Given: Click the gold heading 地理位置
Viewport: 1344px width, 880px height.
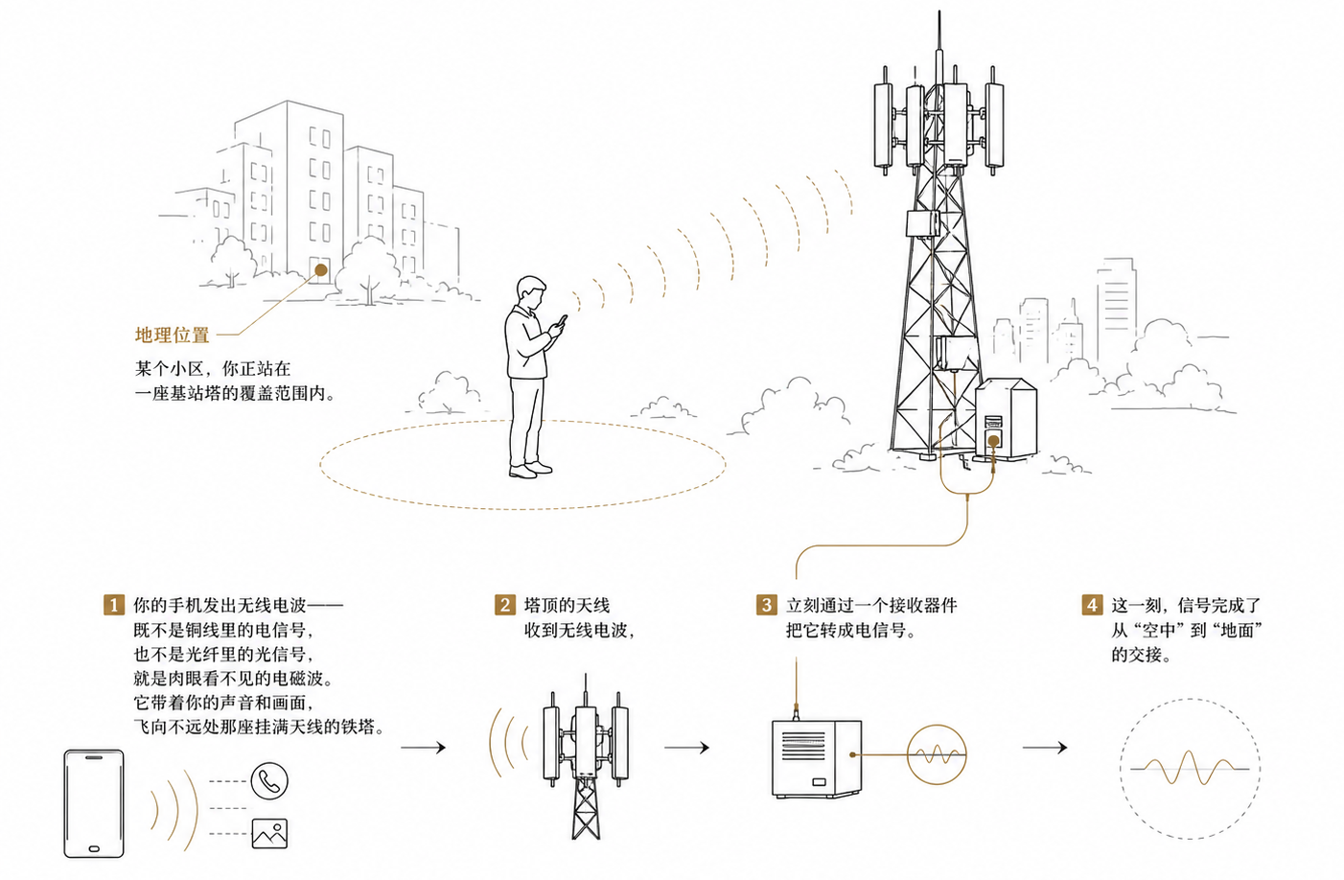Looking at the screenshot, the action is point(172,335).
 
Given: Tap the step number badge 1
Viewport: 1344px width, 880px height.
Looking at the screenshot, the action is point(114,605).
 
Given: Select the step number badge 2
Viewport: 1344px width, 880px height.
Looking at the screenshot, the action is point(504,605).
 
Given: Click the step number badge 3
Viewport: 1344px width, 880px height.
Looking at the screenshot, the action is point(766,605).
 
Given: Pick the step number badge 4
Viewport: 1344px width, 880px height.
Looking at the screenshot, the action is point(1092,605).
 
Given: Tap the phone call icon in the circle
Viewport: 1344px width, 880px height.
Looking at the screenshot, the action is point(269,781).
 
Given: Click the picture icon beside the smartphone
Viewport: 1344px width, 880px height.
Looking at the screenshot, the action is point(269,834).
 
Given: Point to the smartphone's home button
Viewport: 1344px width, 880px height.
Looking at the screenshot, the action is point(94,848).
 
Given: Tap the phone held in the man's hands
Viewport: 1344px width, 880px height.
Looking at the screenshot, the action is point(562,321).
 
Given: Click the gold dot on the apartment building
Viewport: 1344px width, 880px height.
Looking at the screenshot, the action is point(321,270).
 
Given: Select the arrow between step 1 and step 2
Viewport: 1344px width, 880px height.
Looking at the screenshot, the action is point(424,748).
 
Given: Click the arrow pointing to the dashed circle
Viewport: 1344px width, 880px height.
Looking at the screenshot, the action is point(1045,748).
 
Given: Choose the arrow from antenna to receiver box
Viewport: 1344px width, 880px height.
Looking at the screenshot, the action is point(687,748).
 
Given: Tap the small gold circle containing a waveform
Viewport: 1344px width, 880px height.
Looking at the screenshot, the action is point(937,754).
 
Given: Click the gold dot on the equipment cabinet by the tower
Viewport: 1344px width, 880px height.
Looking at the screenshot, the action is point(993,442).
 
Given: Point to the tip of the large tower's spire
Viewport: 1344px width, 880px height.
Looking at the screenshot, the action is point(939,11).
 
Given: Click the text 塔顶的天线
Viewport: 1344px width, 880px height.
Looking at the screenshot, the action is point(567,605).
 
